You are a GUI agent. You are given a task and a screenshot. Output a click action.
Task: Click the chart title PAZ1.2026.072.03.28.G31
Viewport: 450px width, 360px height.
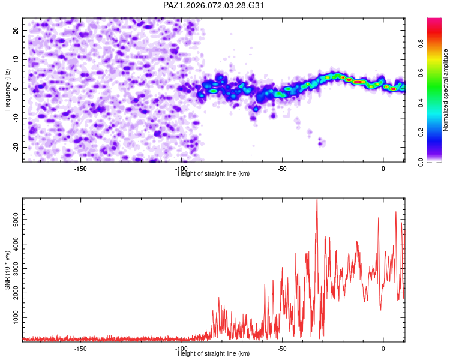[x=214, y=5]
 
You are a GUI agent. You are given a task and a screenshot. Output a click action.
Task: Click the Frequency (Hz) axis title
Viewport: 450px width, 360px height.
[x=7, y=89]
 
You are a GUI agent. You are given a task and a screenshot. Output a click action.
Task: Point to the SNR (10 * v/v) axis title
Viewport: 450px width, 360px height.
[x=7, y=269]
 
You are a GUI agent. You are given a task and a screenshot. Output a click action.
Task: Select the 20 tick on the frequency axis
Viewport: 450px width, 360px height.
[x=16, y=30]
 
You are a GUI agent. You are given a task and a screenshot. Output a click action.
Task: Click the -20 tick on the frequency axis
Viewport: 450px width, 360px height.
[x=14, y=147]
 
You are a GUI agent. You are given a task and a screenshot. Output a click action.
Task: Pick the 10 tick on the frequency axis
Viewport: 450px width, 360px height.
[x=16, y=59]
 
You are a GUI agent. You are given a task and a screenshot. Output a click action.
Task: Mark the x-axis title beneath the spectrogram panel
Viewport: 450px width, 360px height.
[x=214, y=174]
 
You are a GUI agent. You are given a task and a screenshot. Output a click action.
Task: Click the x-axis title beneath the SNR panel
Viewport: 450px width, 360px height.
[x=214, y=353]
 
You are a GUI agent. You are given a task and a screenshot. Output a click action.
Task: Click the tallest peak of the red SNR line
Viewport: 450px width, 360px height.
[x=317, y=200]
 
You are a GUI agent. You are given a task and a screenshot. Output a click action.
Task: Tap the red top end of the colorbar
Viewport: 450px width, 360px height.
[x=434, y=20]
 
